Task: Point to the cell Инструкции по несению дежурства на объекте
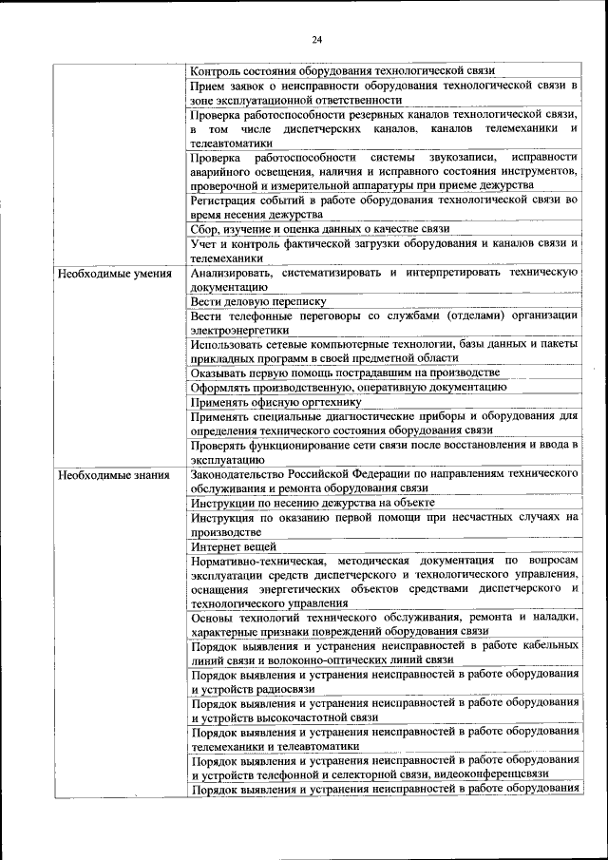click(x=313, y=502)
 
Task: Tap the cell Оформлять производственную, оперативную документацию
click(x=348, y=387)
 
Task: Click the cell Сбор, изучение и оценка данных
click(x=319, y=229)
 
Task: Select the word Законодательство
click(x=239, y=473)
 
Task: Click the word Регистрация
click(x=223, y=201)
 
